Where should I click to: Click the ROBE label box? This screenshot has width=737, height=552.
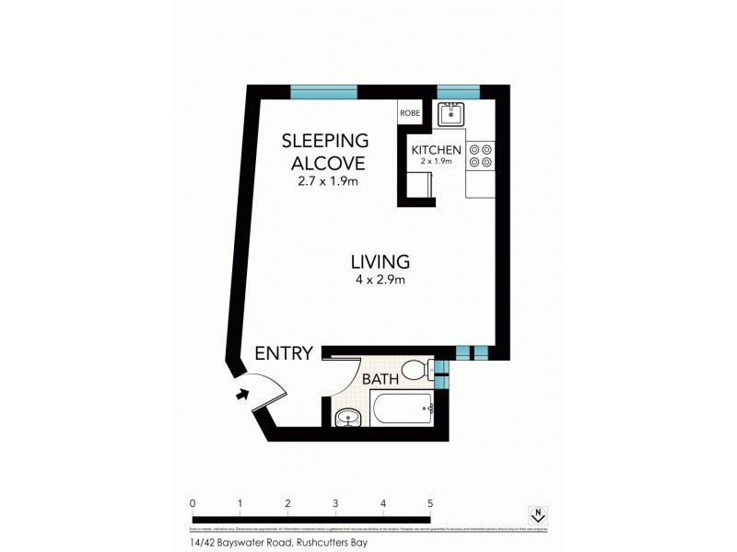point(410,112)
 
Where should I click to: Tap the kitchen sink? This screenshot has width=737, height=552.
point(451,115)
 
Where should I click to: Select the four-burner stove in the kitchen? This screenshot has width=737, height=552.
point(481,155)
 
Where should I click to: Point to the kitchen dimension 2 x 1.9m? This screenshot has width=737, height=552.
point(433,162)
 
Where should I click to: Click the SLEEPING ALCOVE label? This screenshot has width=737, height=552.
point(324,153)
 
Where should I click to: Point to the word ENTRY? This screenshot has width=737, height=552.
point(284,352)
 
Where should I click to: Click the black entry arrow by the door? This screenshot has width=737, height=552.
point(242,394)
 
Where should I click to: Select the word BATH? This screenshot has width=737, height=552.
point(380,379)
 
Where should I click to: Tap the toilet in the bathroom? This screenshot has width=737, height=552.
point(420,371)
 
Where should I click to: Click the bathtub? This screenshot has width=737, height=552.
point(402,408)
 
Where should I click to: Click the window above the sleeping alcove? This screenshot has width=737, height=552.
point(323,91)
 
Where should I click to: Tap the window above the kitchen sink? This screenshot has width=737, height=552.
point(458,91)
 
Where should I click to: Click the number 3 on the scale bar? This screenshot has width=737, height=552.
point(335,504)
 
